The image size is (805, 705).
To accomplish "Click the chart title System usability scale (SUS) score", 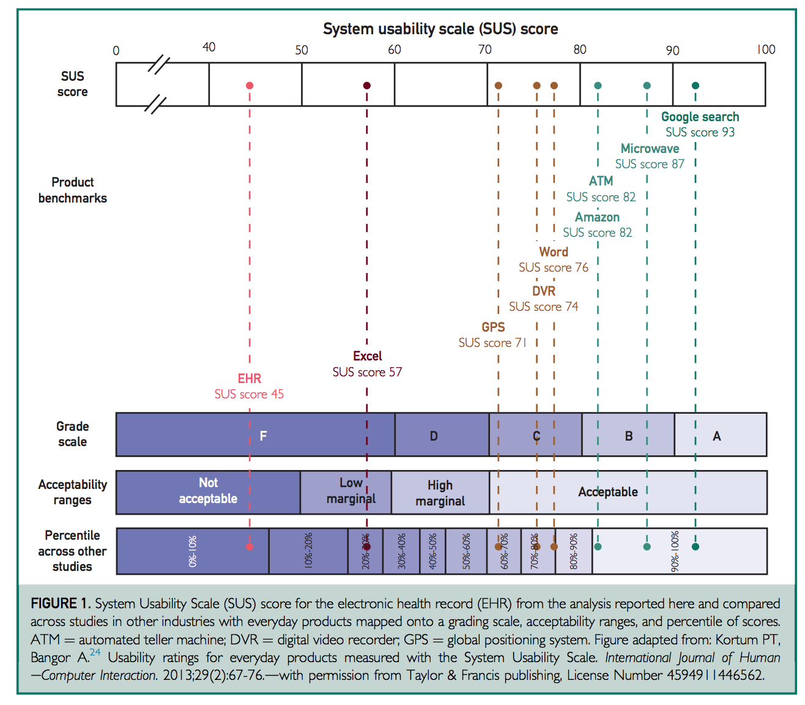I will (x=440, y=29).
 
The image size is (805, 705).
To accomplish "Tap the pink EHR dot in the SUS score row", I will (x=250, y=86).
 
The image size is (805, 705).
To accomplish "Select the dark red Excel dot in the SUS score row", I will (x=367, y=86).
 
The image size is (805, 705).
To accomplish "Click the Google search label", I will (x=700, y=117).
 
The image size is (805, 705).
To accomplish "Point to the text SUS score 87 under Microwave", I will (x=650, y=164).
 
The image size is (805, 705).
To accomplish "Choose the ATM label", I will (x=601, y=181).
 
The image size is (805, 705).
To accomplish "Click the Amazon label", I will (x=597, y=217).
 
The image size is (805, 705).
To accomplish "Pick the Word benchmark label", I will (x=554, y=252).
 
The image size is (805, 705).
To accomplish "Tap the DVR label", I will (x=544, y=291).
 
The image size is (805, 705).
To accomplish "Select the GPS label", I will (x=493, y=327).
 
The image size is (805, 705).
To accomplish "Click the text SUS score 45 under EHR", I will (x=249, y=394).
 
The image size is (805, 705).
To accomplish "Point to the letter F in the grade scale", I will (x=263, y=436).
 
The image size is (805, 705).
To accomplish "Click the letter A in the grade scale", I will (x=717, y=436).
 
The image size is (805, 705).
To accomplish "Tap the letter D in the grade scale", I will (x=434, y=436).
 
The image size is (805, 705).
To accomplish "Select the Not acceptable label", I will (x=208, y=491).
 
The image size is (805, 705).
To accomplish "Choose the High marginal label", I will (x=440, y=493).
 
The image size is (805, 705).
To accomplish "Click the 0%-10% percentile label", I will (x=193, y=551).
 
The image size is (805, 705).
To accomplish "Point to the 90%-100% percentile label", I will (x=675, y=551).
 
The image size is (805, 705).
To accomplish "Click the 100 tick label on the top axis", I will (x=766, y=50).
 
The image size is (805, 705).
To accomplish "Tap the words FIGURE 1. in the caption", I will (x=61, y=603).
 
